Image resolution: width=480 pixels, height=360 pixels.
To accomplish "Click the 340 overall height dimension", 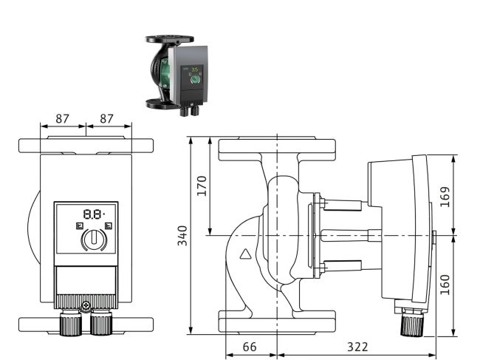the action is [182, 236].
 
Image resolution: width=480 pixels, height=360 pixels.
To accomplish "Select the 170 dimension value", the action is [202, 186].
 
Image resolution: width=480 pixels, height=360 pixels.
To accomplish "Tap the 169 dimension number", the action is [445, 197].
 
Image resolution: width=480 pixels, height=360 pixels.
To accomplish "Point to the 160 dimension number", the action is [445, 285].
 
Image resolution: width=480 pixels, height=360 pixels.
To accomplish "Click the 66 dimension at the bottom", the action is [250, 347].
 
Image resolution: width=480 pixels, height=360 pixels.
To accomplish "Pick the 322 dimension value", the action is [357, 347].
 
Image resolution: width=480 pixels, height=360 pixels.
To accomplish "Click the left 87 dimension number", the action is [63, 118].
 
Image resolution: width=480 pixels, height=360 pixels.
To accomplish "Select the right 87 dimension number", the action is [106, 118].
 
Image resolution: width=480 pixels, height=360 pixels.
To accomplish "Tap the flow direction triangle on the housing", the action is [245, 254].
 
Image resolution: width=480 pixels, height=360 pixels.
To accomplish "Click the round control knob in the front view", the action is [94, 239].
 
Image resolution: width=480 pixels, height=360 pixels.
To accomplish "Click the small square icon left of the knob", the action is [79, 225].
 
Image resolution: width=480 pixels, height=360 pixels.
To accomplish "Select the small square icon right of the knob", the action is [109, 225].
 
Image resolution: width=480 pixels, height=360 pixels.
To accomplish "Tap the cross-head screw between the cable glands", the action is [86, 305].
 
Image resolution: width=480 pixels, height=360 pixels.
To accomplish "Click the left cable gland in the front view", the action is [71, 323].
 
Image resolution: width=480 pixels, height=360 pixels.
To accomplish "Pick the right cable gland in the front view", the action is [101, 323].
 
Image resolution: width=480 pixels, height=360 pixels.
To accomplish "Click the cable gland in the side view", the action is [412, 322].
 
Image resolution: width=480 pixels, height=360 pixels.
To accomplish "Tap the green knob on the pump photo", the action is [194, 80].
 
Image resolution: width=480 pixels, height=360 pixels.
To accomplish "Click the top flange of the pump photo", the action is [169, 39].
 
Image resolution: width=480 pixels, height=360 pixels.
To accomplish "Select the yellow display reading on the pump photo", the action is [195, 69].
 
